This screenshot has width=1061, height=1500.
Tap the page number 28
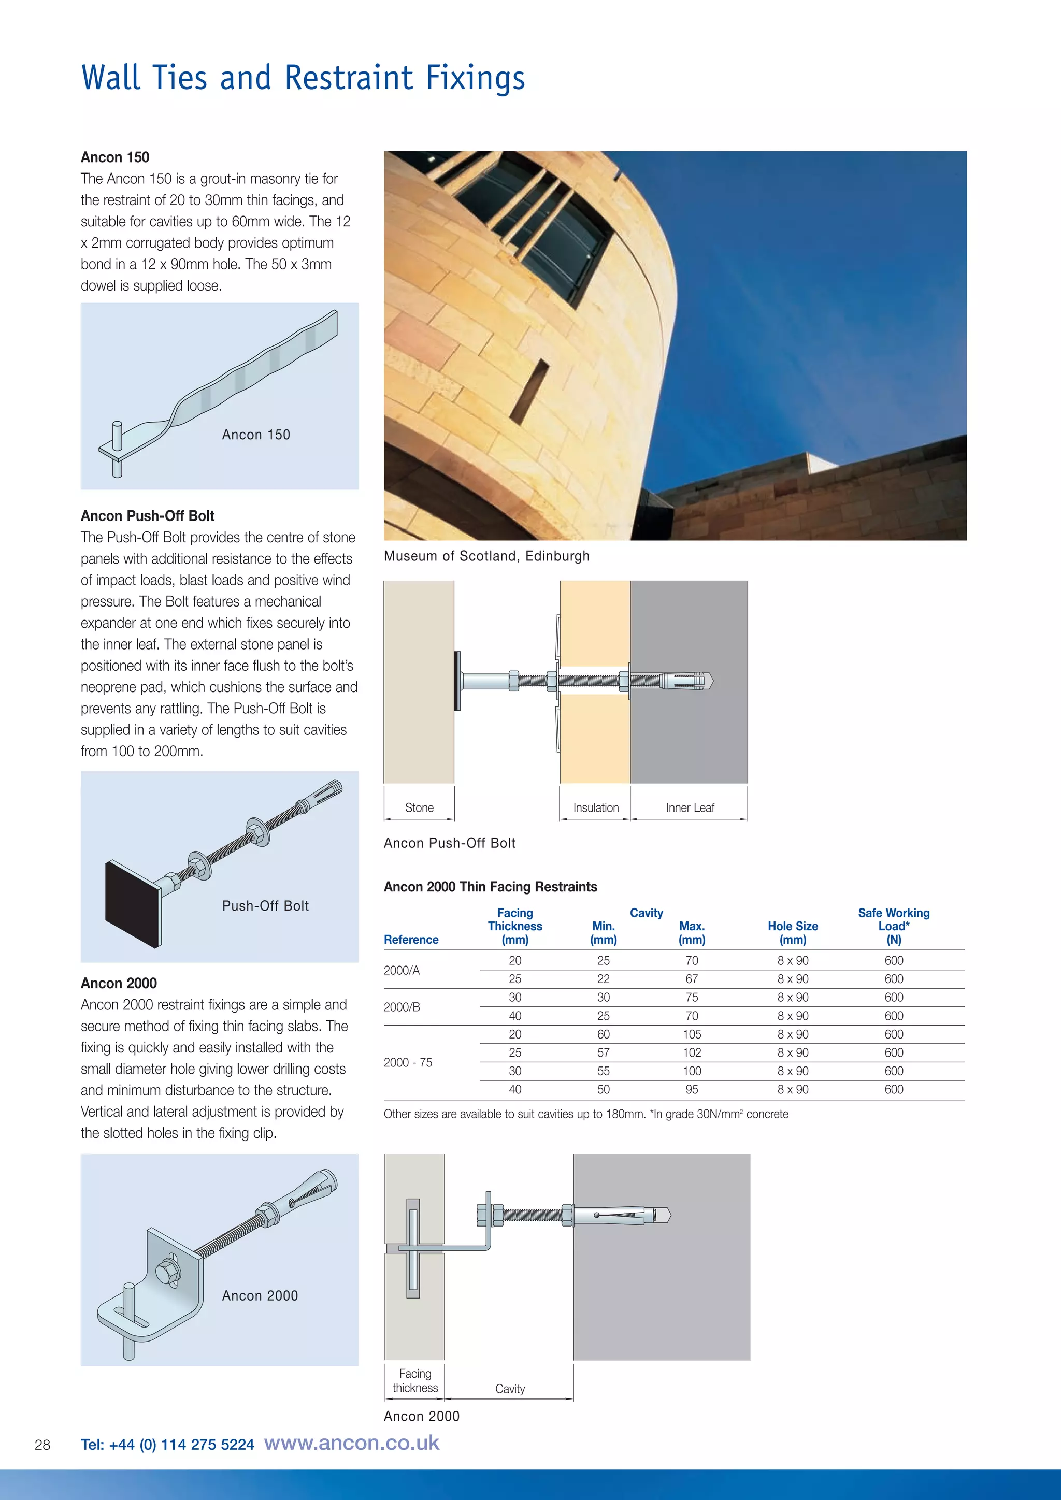click(42, 1445)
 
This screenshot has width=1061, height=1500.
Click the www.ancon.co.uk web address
click(351, 1443)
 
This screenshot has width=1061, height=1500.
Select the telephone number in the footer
click(167, 1445)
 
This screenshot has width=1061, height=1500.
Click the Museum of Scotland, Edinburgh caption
click(487, 556)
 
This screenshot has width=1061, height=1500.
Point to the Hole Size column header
click(793, 932)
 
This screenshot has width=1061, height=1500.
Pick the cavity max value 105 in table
click(692, 1034)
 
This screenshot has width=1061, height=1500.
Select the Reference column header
click(411, 940)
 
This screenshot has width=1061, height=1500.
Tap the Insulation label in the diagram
click(596, 807)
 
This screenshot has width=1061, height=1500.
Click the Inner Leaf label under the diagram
click(690, 807)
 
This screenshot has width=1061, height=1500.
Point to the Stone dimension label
click(419, 807)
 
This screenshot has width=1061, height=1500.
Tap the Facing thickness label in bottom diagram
click(415, 1380)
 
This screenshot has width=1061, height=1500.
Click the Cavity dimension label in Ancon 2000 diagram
click(510, 1389)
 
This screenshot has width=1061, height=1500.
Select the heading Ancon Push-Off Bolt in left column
click(148, 515)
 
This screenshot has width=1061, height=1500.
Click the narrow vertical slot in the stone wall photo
click(529, 390)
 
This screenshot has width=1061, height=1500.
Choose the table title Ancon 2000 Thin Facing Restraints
click(490, 887)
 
